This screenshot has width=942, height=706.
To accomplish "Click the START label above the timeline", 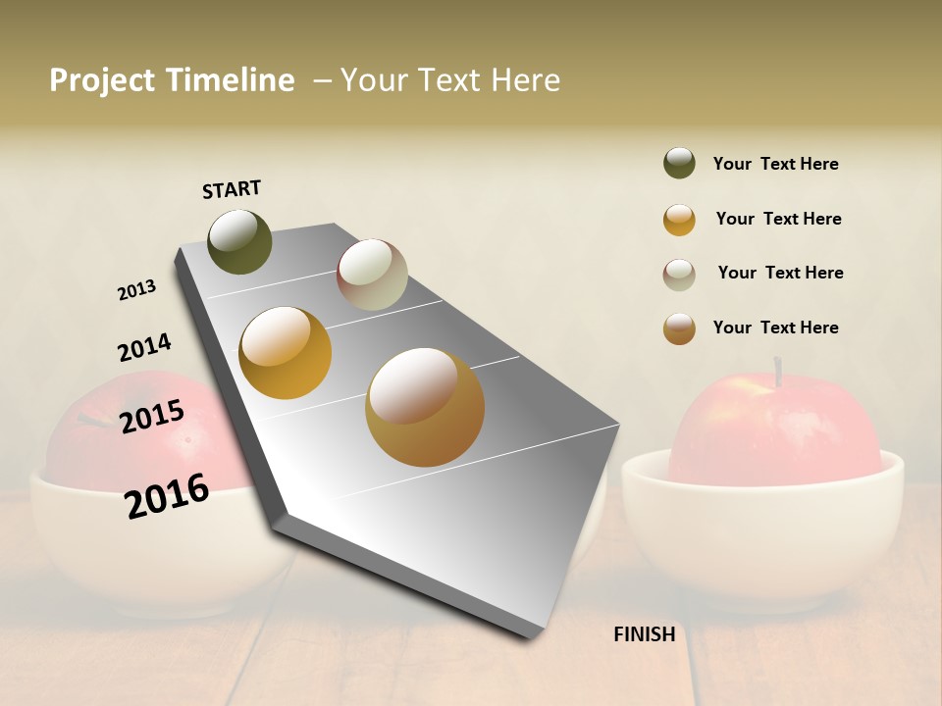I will click(x=232, y=189).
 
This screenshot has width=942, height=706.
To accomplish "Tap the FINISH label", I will click(x=645, y=634).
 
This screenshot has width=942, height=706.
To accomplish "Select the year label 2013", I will click(x=136, y=290).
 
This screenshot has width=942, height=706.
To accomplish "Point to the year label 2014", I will click(x=144, y=347).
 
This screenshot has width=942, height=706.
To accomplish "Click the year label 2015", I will click(x=152, y=417).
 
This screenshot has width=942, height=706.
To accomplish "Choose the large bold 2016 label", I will click(x=168, y=495).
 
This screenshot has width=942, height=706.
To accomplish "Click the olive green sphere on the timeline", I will click(x=239, y=241).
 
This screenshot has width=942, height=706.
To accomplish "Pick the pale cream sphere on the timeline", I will click(x=372, y=275).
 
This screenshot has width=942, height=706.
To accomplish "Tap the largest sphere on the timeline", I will click(x=425, y=407).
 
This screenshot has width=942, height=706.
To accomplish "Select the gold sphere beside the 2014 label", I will click(x=286, y=353).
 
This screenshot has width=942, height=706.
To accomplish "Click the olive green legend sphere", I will click(x=679, y=164).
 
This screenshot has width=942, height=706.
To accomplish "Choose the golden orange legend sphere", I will click(x=679, y=220).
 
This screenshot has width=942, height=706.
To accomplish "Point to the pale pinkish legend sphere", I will click(x=679, y=275).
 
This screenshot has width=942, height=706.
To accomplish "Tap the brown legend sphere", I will click(x=679, y=328).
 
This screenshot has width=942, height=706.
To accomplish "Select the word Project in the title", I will click(x=101, y=80).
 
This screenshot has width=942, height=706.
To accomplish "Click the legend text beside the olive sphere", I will click(x=775, y=164).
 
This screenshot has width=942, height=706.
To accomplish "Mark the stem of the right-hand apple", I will click(x=778, y=372).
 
